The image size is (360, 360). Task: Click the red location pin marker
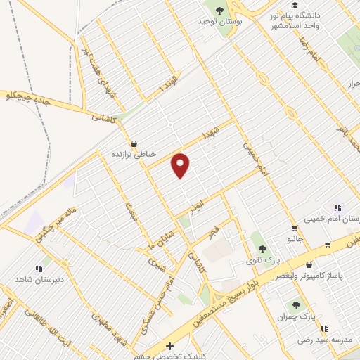(x=181, y=165)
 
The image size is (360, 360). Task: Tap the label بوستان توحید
(x=214, y=22)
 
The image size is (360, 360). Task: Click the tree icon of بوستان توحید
(x=219, y=10)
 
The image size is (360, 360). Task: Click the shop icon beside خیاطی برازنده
(x=134, y=142)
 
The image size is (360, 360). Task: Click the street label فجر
(x=213, y=231)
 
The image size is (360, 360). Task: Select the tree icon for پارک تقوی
(x=262, y=248)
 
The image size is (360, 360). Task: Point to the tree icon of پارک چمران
(x=297, y=305)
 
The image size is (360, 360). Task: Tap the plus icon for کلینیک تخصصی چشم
(x=169, y=346)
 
